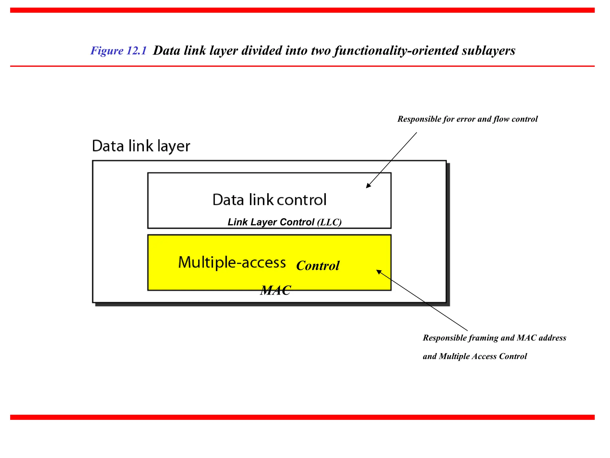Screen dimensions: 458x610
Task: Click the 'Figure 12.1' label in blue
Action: pyautogui.click(x=119, y=51)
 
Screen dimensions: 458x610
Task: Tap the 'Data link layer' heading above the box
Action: pyautogui.click(x=141, y=146)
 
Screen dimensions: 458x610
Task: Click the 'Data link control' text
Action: pyautogui.click(x=269, y=200)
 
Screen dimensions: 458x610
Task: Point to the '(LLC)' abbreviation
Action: pyautogui.click(x=329, y=222)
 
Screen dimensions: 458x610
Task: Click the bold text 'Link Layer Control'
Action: pyautogui.click(x=271, y=222)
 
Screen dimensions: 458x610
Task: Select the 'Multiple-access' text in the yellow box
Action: pyautogui.click(x=232, y=262)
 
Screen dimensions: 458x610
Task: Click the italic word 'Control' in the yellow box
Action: pyautogui.click(x=318, y=266)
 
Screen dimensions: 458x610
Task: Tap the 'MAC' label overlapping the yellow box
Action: pyautogui.click(x=276, y=290)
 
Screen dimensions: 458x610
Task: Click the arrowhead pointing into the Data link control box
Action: pyautogui.click(x=368, y=186)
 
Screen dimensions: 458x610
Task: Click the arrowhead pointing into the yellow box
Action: pyautogui.click(x=379, y=272)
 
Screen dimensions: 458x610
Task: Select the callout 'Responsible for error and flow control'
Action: pyautogui.click(x=467, y=119)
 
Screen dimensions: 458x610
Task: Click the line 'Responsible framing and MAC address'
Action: pyautogui.click(x=494, y=338)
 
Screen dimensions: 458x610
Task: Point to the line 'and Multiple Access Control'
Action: pyautogui.click(x=475, y=356)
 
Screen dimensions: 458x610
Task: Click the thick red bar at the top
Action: pyautogui.click(x=302, y=10)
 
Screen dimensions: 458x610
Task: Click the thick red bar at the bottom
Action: pyautogui.click(x=302, y=417)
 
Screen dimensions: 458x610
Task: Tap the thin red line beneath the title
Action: pyautogui.click(x=302, y=66)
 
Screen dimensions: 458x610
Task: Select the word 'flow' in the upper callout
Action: pyautogui.click(x=501, y=119)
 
